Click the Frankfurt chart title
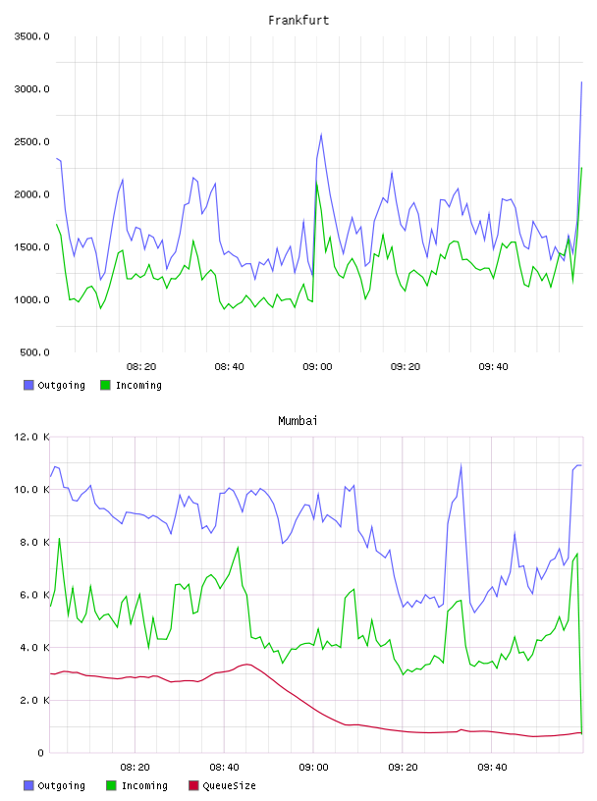coord(298,20)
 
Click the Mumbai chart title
coord(298,420)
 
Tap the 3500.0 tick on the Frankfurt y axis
coord(31,36)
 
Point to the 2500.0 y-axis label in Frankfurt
coord(31,141)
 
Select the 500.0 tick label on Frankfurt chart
coord(34,352)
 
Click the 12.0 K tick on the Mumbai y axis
coord(31,437)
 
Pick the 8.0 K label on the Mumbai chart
coord(34,542)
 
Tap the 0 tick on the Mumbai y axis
coord(40,753)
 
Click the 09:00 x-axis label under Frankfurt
coord(317,366)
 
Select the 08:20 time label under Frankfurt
coord(141,366)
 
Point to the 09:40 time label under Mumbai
coord(492,767)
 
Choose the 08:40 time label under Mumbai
coord(225,767)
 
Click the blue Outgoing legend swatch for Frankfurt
coord(28,385)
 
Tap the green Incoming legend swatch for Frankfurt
coord(105,385)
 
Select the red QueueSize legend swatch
coord(193,785)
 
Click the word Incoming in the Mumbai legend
coord(144,785)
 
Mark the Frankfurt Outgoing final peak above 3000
coord(581,81)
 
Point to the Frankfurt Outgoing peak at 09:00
coord(321,134)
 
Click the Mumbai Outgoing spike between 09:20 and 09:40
coord(461,465)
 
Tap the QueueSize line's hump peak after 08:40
coord(247,665)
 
